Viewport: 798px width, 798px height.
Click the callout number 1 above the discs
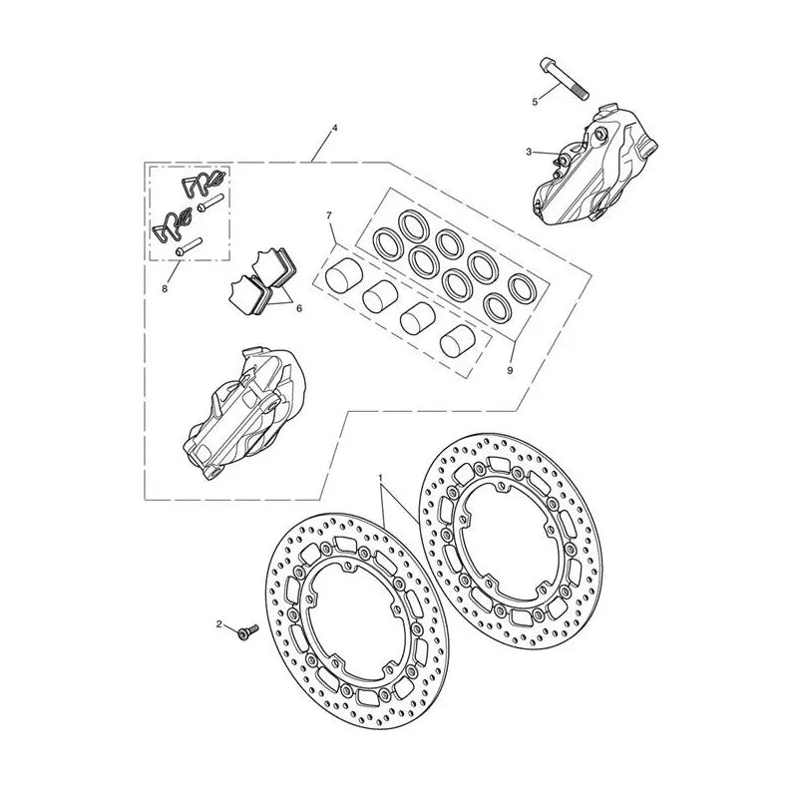tap(380, 478)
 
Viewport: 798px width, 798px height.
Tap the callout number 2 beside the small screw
tap(219, 624)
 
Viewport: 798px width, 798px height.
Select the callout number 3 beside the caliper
tap(529, 152)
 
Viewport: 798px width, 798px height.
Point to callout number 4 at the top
tap(334, 129)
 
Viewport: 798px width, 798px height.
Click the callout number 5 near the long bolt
tap(535, 102)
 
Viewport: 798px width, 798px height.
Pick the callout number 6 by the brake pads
tap(298, 308)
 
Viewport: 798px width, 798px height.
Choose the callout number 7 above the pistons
tap(329, 215)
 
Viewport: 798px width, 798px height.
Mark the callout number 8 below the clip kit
tap(165, 288)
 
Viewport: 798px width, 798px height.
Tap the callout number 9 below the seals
tap(510, 370)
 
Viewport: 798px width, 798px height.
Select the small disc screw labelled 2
tap(247, 631)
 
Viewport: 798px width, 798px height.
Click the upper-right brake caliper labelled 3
tap(595, 166)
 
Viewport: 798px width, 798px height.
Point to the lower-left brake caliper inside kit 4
tap(243, 412)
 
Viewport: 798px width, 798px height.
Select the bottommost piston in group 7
tap(458, 339)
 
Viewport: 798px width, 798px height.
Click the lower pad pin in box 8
tap(189, 246)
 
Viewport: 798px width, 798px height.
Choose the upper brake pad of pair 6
tap(273, 267)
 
